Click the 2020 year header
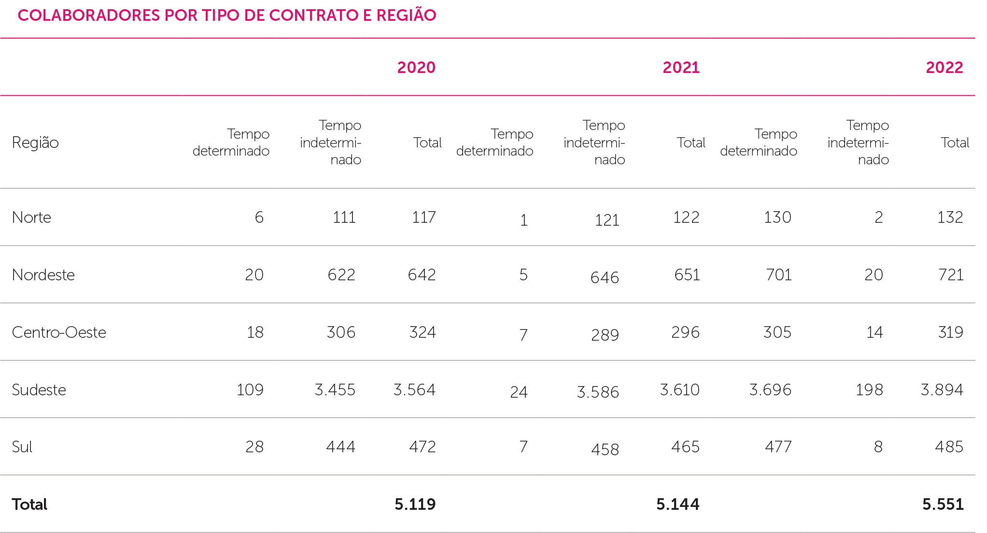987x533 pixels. click(x=416, y=68)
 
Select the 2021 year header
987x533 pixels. click(x=681, y=68)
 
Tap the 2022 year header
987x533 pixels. click(x=944, y=68)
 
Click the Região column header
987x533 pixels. click(x=35, y=143)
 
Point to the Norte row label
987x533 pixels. click(x=31, y=217)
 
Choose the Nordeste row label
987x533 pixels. click(x=43, y=275)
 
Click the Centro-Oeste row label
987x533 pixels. click(x=59, y=332)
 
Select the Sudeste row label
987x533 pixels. click(x=39, y=390)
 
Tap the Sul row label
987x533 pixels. click(x=22, y=447)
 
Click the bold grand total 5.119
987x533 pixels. click(x=415, y=504)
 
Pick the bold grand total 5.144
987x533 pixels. click(x=677, y=504)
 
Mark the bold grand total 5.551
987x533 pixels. click(x=943, y=504)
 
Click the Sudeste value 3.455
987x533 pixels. click(x=335, y=390)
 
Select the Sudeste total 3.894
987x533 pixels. click(x=942, y=390)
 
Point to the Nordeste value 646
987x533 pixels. click(x=605, y=278)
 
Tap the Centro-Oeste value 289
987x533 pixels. click(x=605, y=335)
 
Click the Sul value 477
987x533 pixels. click(x=778, y=447)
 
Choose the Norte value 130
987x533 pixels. click(x=777, y=217)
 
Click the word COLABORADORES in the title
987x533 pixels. click(x=89, y=15)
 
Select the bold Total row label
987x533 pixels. click(x=29, y=504)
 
